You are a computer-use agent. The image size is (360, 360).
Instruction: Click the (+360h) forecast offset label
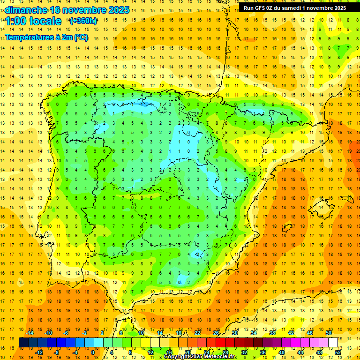[84, 21]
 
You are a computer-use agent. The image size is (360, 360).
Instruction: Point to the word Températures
[30, 37]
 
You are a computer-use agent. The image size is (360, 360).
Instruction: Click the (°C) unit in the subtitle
[80, 37]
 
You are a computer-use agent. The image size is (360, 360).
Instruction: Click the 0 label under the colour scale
[92, 352]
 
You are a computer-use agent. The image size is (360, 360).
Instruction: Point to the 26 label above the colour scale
[216, 333]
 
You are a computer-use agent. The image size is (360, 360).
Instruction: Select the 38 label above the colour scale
[272, 333]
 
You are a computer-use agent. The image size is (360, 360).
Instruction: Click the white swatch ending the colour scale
[333, 343]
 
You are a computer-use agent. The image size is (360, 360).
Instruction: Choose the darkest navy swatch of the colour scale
[24, 343]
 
